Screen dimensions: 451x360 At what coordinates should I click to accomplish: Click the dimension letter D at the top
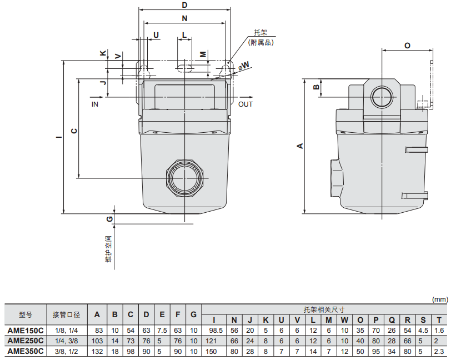tap(184, 5)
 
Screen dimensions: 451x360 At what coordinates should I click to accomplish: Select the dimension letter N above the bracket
tap(184, 18)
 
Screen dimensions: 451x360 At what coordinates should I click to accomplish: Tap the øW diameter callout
tap(244, 66)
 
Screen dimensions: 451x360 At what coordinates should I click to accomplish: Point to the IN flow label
tap(95, 104)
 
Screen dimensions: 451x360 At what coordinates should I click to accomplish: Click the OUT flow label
tap(245, 104)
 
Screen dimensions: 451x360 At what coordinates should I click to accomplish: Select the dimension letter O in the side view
tap(407, 46)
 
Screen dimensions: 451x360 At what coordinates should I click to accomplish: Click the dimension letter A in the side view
tap(300, 146)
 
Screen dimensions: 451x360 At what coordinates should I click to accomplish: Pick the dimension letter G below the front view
tap(109, 219)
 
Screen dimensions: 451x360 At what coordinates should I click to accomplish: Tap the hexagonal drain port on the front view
tap(184, 178)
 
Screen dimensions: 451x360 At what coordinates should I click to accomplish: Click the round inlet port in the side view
tap(382, 97)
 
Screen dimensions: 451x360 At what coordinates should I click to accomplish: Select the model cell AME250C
tap(26, 341)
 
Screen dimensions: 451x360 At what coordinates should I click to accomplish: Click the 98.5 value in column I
tap(216, 331)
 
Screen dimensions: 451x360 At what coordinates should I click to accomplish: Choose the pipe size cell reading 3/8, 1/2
tap(67, 351)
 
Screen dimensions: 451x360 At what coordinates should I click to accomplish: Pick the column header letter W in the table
tap(344, 320)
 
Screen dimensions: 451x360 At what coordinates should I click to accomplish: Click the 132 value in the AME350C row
tap(97, 351)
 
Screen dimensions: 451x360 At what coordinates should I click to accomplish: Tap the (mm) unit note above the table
tap(440, 299)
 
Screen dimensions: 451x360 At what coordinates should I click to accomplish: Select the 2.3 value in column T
tap(439, 351)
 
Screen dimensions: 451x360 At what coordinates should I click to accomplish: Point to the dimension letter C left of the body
tap(74, 131)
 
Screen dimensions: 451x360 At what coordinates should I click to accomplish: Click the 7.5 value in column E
tap(162, 331)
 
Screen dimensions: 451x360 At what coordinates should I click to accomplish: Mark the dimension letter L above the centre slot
tap(184, 35)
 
